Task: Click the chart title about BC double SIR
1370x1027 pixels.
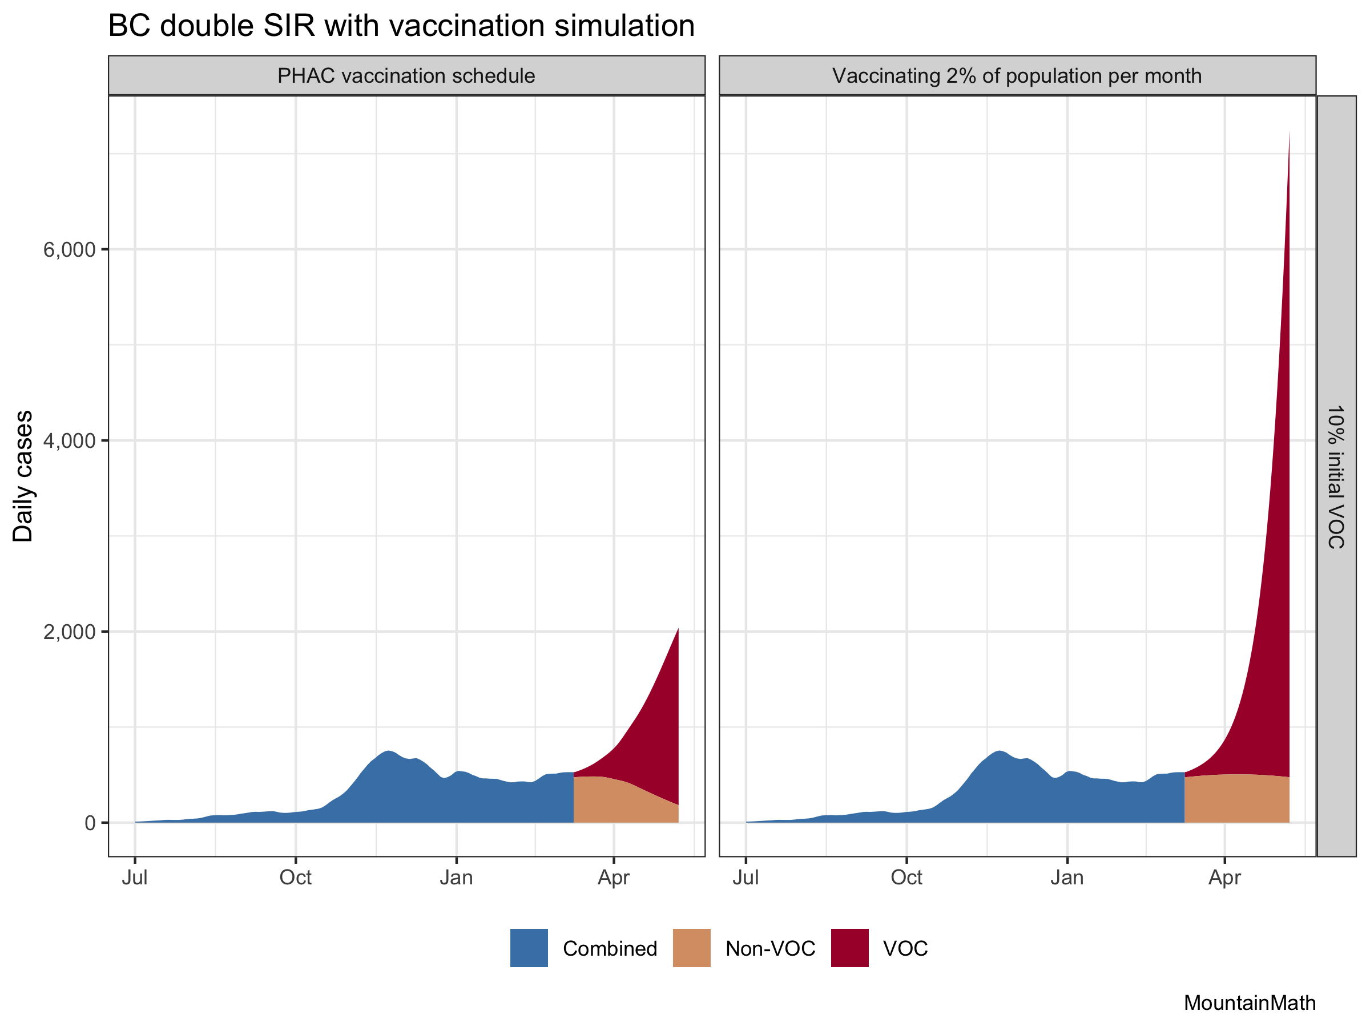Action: (x=401, y=26)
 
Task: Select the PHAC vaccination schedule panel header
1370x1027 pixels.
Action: (x=406, y=75)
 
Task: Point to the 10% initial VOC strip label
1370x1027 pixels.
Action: (x=1336, y=476)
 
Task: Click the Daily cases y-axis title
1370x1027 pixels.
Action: (x=23, y=476)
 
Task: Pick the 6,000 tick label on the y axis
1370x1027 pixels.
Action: (x=70, y=250)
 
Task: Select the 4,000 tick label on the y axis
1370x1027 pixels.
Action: (x=70, y=441)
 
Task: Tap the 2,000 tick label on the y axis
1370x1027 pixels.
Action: (x=70, y=632)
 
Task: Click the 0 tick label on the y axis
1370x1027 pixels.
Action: (x=90, y=823)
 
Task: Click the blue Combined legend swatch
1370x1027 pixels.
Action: (x=529, y=948)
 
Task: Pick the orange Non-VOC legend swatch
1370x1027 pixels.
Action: (x=691, y=948)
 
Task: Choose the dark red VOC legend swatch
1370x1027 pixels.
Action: (x=850, y=948)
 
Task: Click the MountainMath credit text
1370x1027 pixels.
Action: (x=1249, y=1003)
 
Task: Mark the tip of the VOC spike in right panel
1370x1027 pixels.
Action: (x=1289, y=132)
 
